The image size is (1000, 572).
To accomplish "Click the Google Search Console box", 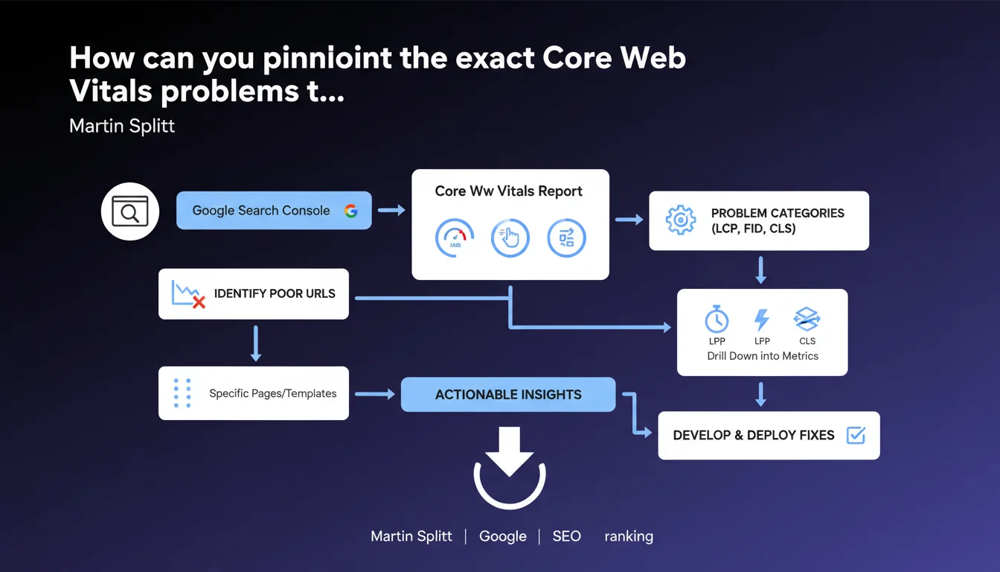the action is [274, 211].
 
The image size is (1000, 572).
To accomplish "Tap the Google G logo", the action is [351, 211].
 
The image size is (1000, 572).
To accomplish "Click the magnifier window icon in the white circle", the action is [130, 212].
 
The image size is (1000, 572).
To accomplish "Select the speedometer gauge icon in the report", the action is [455, 238].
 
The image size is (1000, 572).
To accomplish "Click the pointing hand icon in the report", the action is [510, 238].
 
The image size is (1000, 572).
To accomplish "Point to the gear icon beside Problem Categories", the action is [680, 220].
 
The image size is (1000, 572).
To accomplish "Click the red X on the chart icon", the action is [199, 302].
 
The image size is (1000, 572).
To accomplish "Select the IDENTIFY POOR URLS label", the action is [275, 293].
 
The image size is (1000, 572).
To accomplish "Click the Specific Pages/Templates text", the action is [273, 393].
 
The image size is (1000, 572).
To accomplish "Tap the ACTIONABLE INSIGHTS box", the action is [508, 394].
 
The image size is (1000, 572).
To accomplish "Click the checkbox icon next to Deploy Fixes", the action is [856, 435].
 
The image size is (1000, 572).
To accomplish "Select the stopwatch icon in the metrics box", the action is [717, 319].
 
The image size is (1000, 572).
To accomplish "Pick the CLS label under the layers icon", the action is [807, 341].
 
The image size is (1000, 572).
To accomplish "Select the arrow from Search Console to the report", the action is [391, 210].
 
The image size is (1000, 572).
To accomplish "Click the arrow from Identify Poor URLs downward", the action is [255, 343].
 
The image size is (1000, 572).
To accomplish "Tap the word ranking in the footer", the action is [629, 536].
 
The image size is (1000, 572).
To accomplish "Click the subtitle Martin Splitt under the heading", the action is [122, 126].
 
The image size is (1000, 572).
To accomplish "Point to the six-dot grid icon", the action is [182, 393].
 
